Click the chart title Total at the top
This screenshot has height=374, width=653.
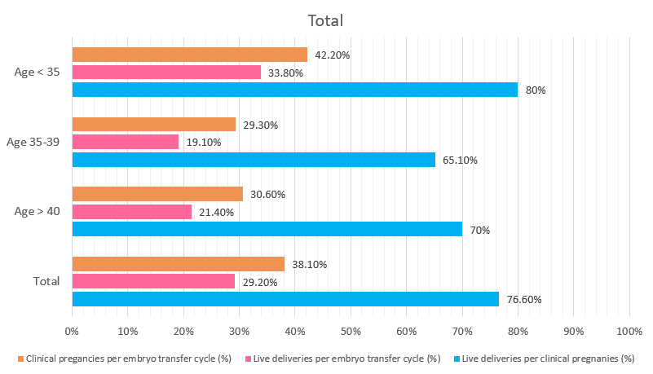[325, 20]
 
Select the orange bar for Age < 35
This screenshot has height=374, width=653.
[189, 55]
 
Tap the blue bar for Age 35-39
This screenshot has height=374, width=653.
[254, 160]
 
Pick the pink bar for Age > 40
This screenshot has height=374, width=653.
[131, 212]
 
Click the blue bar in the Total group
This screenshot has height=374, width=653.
[285, 299]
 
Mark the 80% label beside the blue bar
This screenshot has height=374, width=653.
[535, 90]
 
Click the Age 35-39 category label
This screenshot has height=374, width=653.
[33, 142]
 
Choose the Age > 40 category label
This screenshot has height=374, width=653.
[37, 212]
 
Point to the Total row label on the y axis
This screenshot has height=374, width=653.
[46, 281]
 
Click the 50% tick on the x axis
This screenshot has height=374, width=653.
[351, 332]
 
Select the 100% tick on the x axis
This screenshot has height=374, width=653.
[629, 332]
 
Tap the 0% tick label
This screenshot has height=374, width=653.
[72, 332]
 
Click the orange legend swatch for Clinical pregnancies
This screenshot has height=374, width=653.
[20, 358]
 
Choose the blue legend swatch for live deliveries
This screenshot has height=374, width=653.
[456, 358]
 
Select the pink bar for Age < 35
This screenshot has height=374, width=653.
[166, 73]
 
